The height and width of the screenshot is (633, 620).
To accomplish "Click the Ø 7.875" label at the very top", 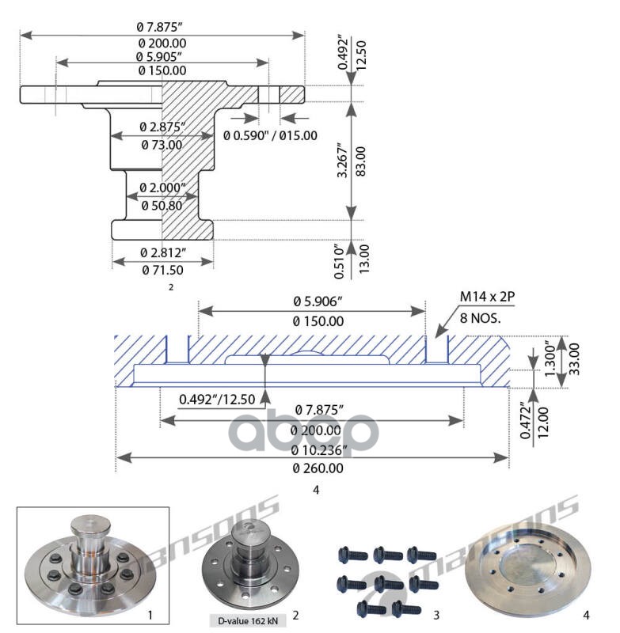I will coord(162,26).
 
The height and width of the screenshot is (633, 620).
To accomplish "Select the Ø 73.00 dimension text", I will coord(162,145).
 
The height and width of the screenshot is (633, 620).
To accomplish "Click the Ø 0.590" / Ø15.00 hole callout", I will coord(270,135).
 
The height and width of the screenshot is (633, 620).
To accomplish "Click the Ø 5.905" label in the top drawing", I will coord(162,56).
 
